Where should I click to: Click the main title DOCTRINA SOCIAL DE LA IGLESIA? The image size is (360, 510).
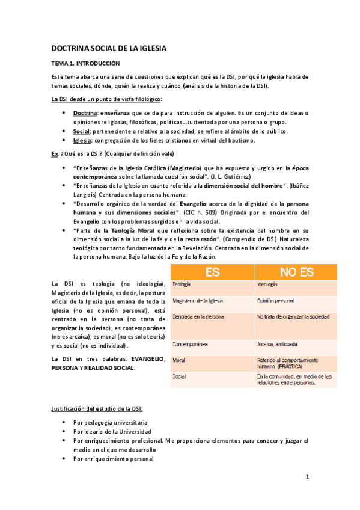point(108,48)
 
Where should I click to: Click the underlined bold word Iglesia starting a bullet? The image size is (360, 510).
point(82,140)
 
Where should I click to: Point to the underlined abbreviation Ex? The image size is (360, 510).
point(54,153)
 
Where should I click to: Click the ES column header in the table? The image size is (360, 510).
point(212,272)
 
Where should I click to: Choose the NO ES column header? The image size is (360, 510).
point(297,272)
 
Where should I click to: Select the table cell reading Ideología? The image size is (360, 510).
point(267,284)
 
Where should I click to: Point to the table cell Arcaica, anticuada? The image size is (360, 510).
point(277,346)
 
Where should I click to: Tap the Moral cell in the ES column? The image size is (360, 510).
point(178,360)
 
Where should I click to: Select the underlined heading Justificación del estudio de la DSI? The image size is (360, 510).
point(97,410)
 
